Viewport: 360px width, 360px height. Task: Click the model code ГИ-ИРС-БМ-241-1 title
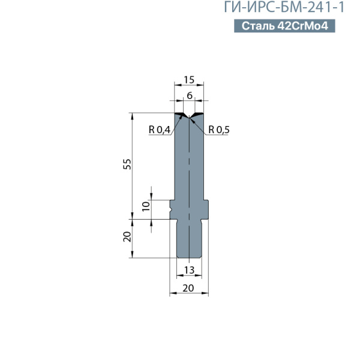[284, 7]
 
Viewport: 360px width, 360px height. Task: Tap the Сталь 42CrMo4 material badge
[284, 26]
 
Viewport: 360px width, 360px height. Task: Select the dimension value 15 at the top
[189, 80]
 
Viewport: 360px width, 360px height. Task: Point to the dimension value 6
[190, 95]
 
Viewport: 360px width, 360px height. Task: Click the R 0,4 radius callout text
[160, 130]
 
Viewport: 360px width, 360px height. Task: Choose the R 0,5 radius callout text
[219, 130]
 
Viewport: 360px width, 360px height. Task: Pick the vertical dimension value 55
[127, 164]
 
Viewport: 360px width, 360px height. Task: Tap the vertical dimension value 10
[146, 206]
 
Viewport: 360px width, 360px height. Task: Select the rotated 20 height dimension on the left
[127, 237]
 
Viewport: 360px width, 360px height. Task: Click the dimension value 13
[189, 270]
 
